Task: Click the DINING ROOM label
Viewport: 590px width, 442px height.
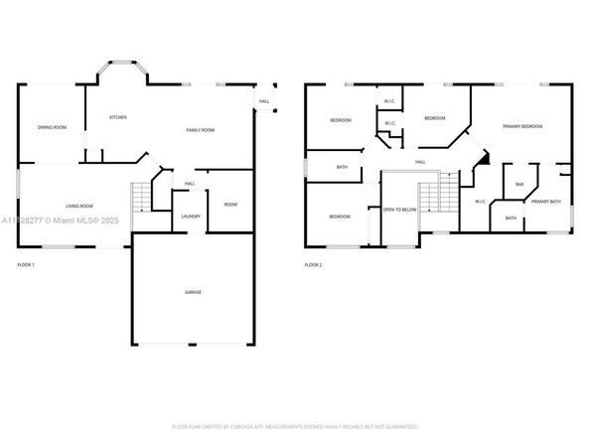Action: click(52, 127)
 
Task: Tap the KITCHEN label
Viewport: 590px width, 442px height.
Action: click(117, 117)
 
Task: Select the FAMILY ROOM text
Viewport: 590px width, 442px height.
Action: click(202, 130)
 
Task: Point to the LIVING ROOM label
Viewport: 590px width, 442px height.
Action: click(66, 205)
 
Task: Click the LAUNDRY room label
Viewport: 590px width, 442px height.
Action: click(192, 216)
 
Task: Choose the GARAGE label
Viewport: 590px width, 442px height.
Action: click(194, 292)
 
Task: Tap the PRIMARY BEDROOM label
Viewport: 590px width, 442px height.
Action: click(522, 127)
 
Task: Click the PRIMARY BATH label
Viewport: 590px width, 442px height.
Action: click(545, 202)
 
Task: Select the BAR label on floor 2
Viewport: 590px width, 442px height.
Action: click(519, 184)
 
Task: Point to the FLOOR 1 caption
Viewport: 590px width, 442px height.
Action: click(26, 265)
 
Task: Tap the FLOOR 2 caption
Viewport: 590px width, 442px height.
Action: click(314, 265)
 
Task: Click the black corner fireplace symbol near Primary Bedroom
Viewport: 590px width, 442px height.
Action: click(483, 157)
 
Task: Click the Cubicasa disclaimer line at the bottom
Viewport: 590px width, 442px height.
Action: click(295, 426)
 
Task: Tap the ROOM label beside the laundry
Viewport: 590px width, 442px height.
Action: click(230, 205)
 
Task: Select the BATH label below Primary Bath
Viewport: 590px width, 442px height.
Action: click(511, 219)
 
